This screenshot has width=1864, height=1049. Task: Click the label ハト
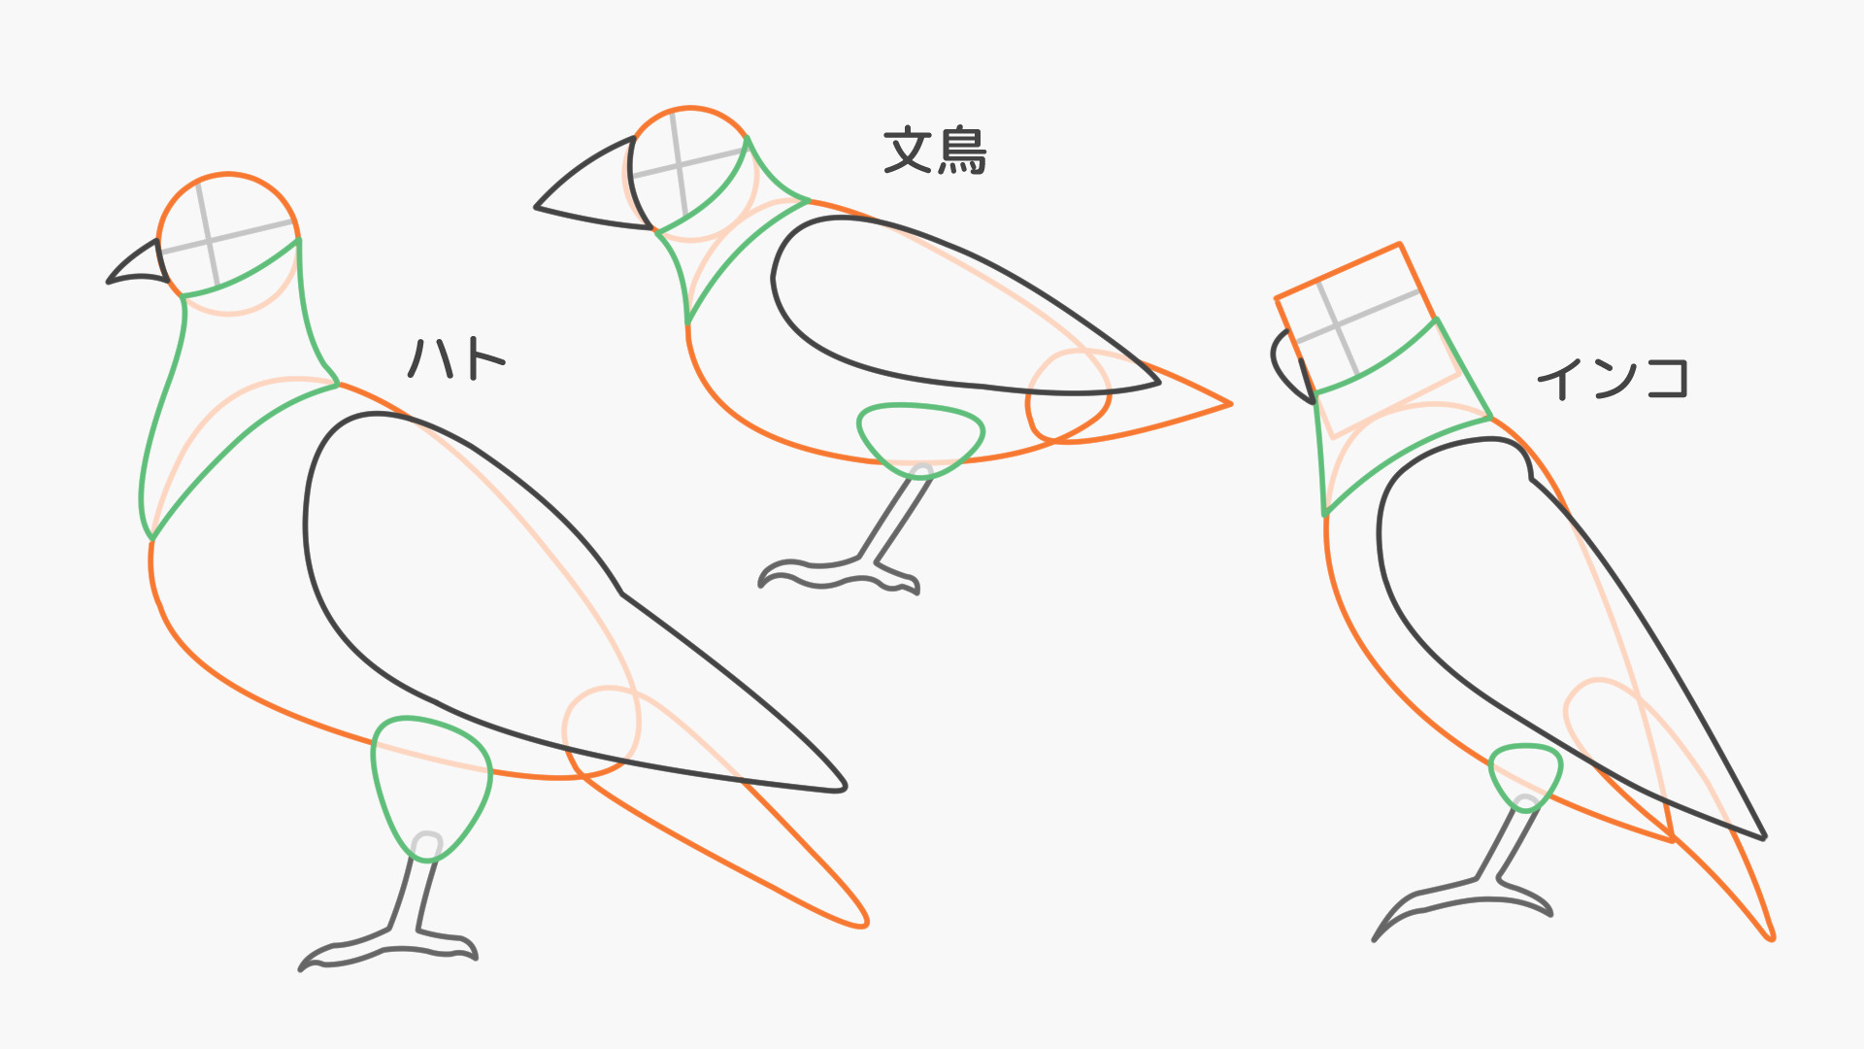456,358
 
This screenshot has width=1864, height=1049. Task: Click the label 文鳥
935,151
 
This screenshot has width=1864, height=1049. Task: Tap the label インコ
1612,378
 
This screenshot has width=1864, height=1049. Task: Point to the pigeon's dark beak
139,266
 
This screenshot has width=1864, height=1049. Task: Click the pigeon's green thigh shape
430,777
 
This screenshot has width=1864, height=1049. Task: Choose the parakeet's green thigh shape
1525,771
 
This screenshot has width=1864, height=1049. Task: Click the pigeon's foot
388,947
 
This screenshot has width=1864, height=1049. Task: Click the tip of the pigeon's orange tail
863,923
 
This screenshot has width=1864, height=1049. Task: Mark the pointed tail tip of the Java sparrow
1229,404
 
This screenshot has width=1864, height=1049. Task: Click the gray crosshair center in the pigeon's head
209,240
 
